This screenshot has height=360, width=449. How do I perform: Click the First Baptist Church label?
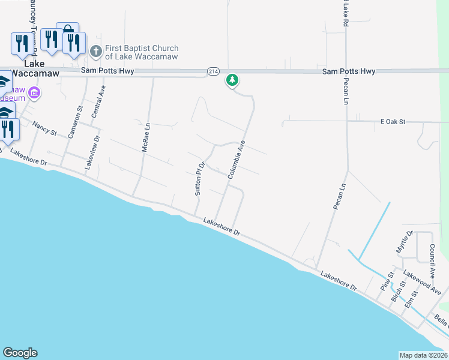pos(142,52)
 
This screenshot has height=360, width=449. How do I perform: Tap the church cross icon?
pos(95,52)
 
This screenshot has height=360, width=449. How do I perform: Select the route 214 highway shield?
pos(212,71)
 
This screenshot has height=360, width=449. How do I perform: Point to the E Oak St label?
pos(393,122)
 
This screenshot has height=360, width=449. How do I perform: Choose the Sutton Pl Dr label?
pos(200,178)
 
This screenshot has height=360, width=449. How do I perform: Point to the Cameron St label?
pos(76,122)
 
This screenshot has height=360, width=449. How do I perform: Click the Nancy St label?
pos(44,128)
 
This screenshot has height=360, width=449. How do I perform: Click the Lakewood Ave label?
pos(422,282)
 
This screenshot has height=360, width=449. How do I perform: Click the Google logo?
pos(20,353)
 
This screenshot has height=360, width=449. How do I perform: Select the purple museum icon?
pos(34,93)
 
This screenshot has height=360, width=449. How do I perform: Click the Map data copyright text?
pos(423,355)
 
